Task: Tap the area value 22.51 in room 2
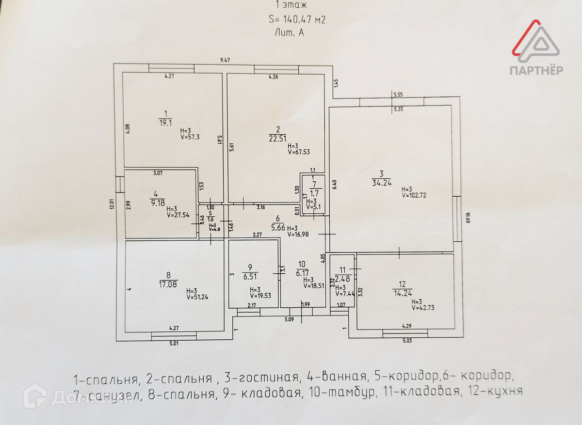coord(277,138)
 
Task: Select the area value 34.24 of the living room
coord(382,183)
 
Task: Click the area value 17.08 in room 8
coord(169,284)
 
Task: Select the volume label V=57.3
coord(191,137)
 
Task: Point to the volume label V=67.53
coord(298,152)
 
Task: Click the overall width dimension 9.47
coord(225,60)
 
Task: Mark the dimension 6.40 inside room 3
coord(334,184)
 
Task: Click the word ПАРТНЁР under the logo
coord(536,70)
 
